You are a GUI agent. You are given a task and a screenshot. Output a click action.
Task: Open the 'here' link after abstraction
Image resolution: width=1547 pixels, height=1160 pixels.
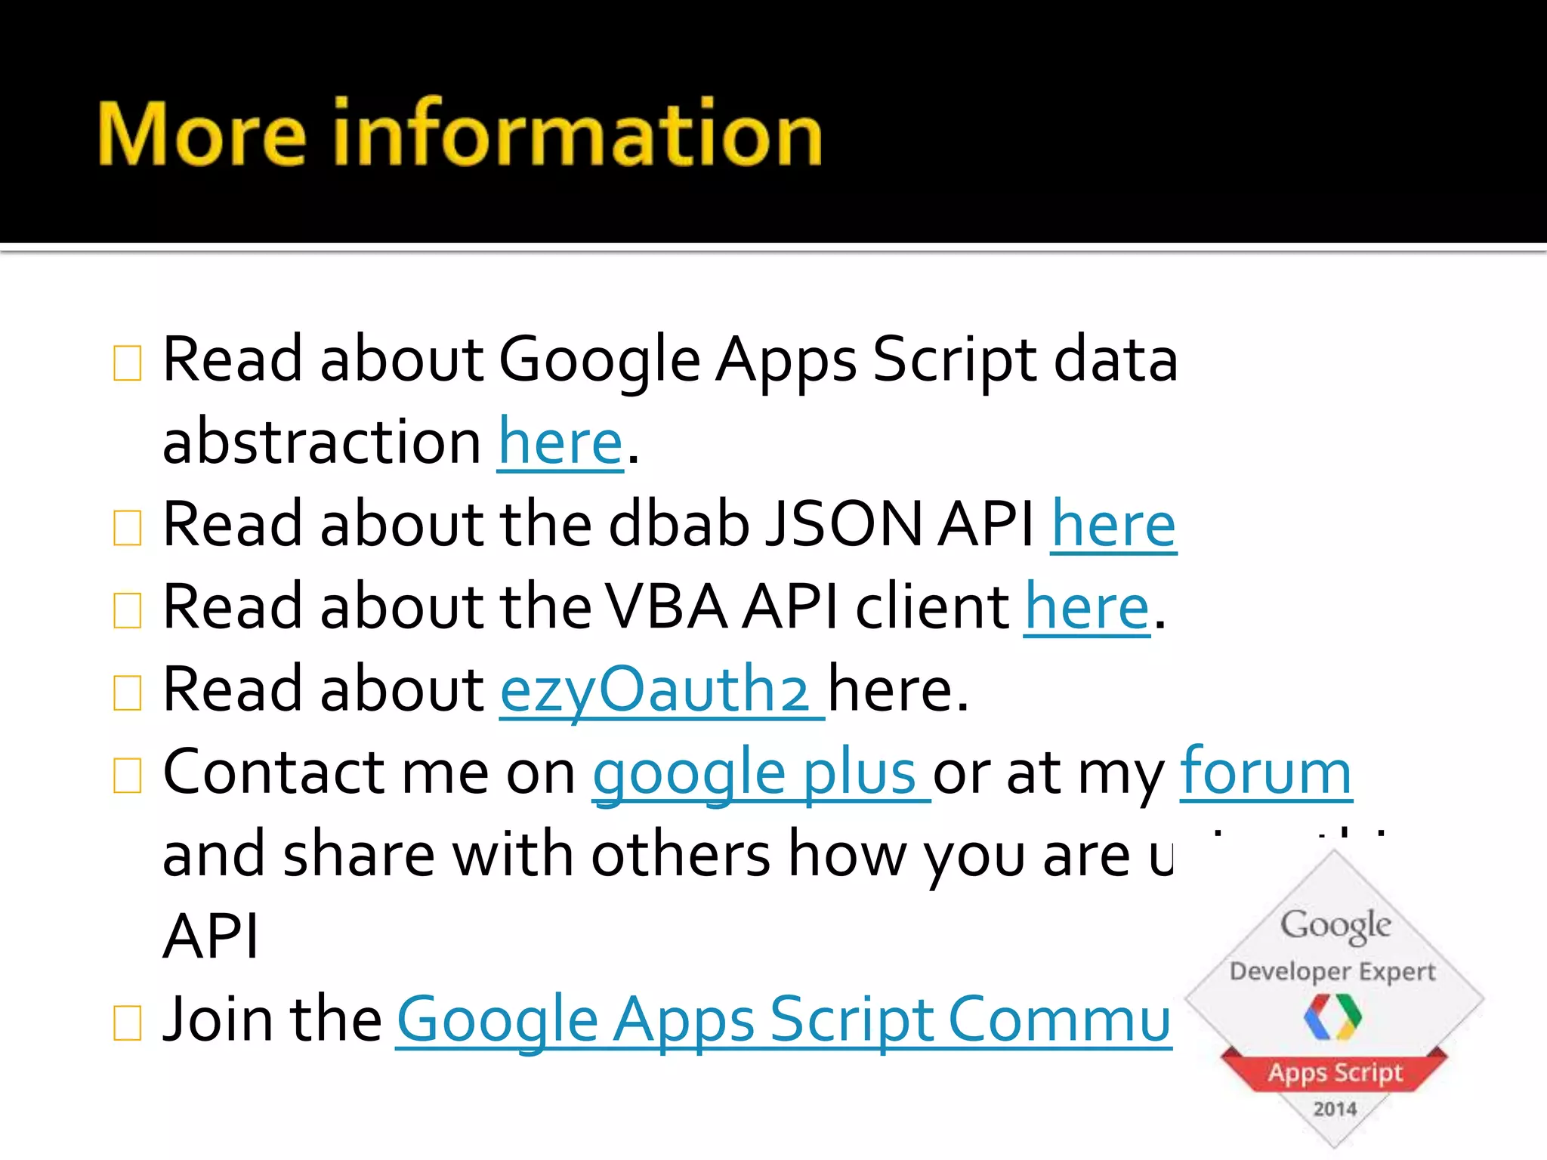click(x=560, y=443)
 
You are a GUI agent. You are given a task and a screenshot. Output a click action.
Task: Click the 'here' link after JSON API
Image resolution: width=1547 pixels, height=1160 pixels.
click(x=1113, y=525)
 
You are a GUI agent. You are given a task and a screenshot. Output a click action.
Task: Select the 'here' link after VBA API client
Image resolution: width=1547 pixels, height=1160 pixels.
click(x=1087, y=608)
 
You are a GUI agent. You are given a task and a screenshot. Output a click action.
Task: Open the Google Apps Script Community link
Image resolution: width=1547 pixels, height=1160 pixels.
click(x=783, y=1020)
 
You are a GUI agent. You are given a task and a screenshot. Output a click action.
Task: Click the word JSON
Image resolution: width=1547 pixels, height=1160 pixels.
click(x=844, y=525)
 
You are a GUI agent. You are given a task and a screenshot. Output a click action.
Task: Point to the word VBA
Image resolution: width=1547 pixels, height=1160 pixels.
click(x=666, y=608)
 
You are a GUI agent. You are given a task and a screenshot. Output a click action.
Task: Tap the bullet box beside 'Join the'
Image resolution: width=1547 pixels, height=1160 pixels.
click(x=127, y=1023)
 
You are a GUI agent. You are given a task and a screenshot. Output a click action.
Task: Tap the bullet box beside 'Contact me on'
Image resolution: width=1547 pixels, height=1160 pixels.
click(x=127, y=776)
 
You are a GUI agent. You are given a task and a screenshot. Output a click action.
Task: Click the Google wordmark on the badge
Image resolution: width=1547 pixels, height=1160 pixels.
click(x=1335, y=925)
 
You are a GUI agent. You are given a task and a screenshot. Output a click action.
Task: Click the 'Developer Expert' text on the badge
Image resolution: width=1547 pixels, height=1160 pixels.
click(x=1332, y=971)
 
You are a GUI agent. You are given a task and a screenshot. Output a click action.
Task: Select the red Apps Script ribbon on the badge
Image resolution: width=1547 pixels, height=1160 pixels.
click(x=1335, y=1072)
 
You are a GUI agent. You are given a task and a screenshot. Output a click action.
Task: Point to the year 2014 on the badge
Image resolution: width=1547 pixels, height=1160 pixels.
click(x=1335, y=1109)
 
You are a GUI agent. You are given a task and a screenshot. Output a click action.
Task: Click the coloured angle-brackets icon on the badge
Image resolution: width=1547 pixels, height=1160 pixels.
click(x=1332, y=1017)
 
